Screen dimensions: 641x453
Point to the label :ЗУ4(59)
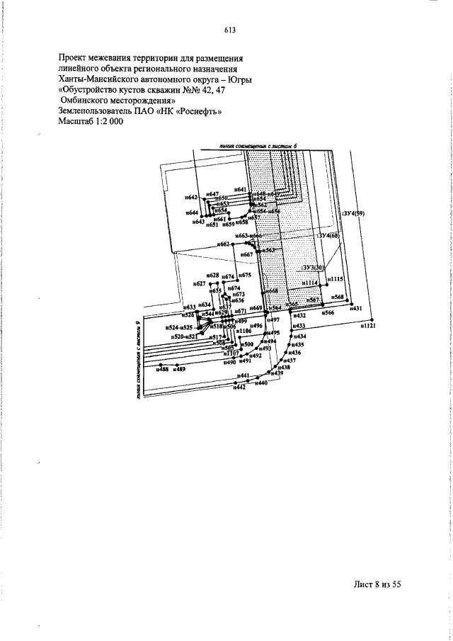pos(352,212)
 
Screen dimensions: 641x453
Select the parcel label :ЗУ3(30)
pos(312,268)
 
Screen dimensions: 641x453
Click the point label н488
pos(163,369)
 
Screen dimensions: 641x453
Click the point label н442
pos(240,387)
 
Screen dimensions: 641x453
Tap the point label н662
pos(224,244)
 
